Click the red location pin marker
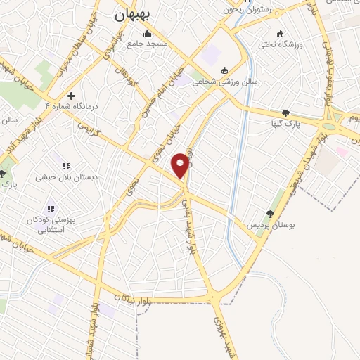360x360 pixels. pyautogui.click(x=182, y=165)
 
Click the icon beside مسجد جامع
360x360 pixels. pyautogui.click(x=147, y=33)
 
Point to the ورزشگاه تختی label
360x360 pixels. pyautogui.click(x=280, y=45)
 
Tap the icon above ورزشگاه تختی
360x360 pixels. pyautogui.click(x=281, y=34)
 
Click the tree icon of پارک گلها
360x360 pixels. pyautogui.click(x=285, y=113)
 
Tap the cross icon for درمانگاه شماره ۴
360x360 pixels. pyautogui.click(x=71, y=96)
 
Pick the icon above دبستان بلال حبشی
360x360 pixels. pyautogui.click(x=66, y=166)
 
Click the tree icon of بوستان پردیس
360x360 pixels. pyautogui.click(x=270, y=214)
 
